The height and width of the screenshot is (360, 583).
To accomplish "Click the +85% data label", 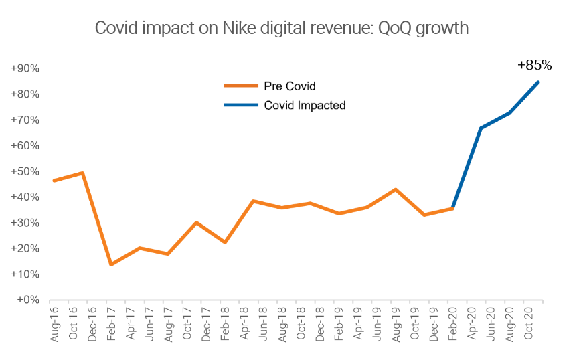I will [534, 66].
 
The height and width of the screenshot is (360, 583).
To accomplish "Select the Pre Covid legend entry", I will [289, 86].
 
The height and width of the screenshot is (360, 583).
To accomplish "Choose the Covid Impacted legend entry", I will [305, 105].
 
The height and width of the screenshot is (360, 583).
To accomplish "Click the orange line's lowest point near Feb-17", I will [110, 264].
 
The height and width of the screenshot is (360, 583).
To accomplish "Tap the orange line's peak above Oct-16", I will [82, 173].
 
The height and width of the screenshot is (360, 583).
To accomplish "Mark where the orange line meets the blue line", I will [453, 208].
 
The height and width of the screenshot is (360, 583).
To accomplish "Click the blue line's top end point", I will [539, 82].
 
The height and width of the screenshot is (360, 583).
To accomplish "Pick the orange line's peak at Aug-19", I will [396, 189].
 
